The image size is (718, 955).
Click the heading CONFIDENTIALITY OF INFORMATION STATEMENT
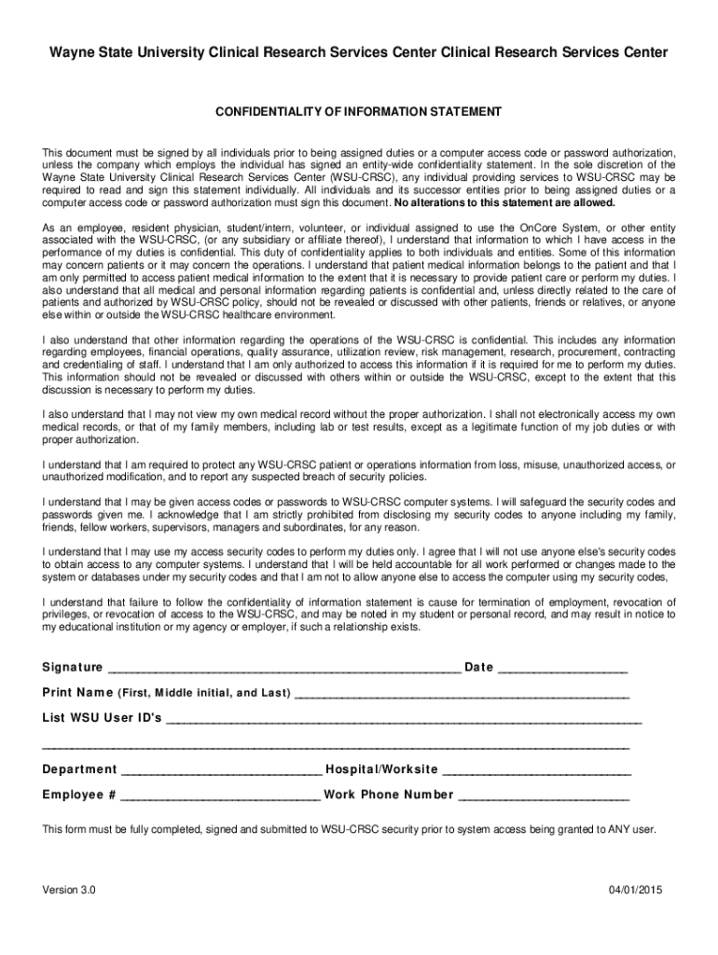click(359, 112)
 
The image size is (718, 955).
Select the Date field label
click(478, 667)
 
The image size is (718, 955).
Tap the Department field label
click(79, 769)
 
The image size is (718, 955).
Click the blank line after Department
click(222, 772)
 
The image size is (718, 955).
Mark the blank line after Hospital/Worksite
click(537, 772)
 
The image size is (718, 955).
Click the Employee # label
click(78, 795)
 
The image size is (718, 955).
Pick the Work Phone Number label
click(389, 795)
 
